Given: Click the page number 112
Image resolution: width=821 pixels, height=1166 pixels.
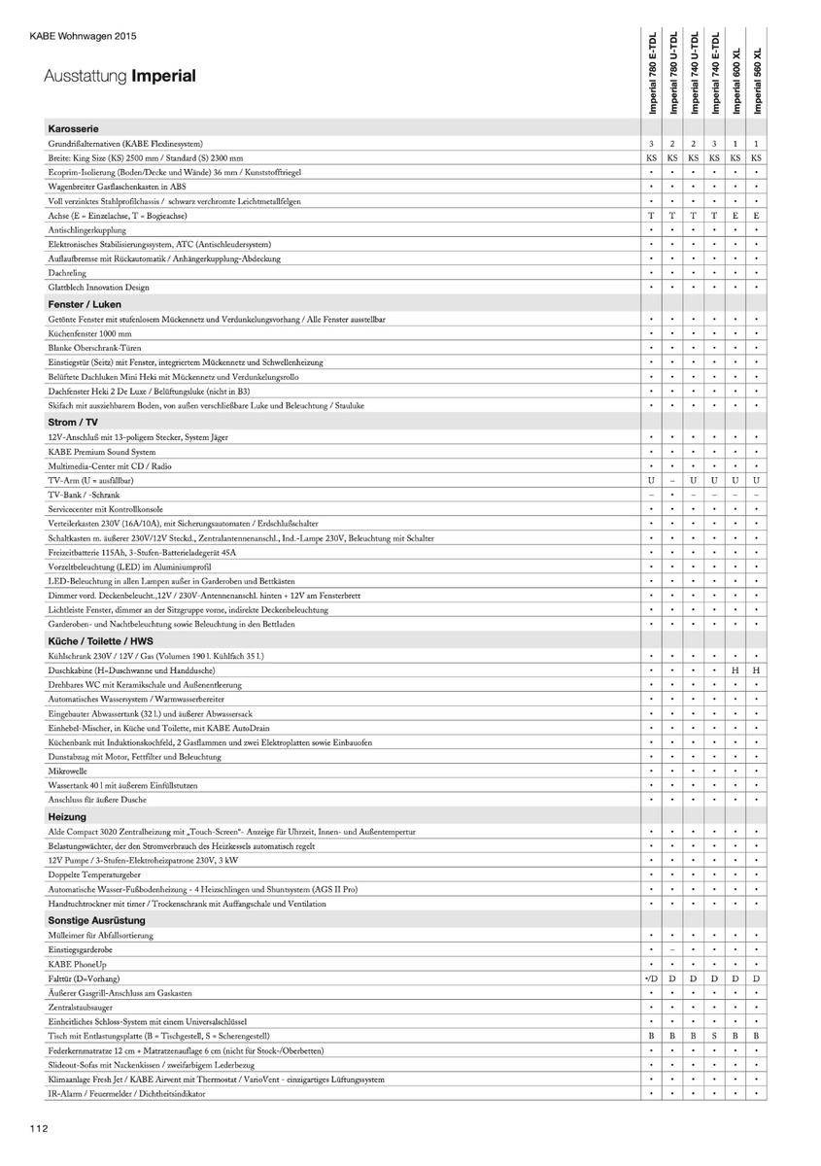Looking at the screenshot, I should [x=38, y=1128].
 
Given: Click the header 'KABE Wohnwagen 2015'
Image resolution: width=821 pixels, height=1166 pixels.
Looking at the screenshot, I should [x=84, y=37].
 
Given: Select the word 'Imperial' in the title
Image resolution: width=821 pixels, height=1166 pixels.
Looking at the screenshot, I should [x=163, y=76].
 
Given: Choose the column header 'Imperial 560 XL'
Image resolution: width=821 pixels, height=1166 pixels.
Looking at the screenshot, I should [x=757, y=82].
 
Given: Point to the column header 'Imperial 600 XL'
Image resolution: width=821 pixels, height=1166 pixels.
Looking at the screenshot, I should [x=735, y=82].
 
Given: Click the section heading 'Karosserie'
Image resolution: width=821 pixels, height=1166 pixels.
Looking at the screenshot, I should [x=73, y=128].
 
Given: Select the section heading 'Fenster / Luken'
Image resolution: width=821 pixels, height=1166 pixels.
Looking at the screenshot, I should [x=85, y=304].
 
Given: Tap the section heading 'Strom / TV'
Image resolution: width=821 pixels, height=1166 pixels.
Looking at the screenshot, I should [x=73, y=422].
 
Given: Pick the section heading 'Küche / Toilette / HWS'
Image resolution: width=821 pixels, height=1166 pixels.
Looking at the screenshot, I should [x=101, y=641].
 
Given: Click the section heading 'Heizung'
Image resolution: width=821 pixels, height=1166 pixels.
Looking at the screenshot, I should [x=67, y=817].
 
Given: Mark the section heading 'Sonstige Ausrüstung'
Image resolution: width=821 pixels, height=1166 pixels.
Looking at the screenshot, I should [x=96, y=919].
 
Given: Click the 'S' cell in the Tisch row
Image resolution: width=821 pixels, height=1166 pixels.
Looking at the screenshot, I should [x=714, y=1036].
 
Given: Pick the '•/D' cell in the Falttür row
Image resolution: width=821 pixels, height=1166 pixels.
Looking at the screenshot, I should [x=652, y=977].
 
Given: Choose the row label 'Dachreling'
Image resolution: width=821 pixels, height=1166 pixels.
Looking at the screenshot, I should [x=67, y=273].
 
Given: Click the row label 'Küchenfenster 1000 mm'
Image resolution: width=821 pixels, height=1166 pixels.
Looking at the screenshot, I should [x=89, y=333].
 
